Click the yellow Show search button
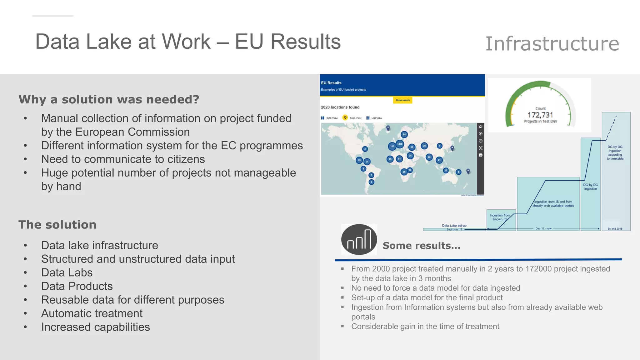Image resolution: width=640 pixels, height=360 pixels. point(402,100)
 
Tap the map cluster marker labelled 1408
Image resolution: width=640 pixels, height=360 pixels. point(400,144)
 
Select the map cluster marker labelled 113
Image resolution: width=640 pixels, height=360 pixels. point(392,146)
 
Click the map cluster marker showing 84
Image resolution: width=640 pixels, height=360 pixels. point(404,135)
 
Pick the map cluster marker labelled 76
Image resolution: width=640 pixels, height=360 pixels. point(410,156)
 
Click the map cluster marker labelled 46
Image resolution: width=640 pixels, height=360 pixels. point(429,157)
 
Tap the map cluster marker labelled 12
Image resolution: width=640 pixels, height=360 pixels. point(446,170)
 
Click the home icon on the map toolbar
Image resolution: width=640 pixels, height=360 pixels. point(481,127)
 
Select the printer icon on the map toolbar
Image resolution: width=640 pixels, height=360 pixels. point(481,155)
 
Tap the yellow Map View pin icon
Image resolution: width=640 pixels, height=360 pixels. point(345,117)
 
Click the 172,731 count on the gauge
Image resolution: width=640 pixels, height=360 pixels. point(540,115)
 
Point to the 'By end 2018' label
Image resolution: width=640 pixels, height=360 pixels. point(615,229)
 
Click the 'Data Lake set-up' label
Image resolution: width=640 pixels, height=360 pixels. point(454,226)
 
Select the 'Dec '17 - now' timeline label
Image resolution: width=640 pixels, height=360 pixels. point(543,229)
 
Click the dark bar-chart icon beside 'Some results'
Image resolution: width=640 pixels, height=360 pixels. point(359,240)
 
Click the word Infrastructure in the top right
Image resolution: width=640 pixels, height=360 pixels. point(552,43)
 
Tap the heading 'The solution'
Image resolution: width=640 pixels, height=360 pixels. point(57,225)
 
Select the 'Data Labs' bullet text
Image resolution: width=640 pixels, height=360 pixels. point(67,272)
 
